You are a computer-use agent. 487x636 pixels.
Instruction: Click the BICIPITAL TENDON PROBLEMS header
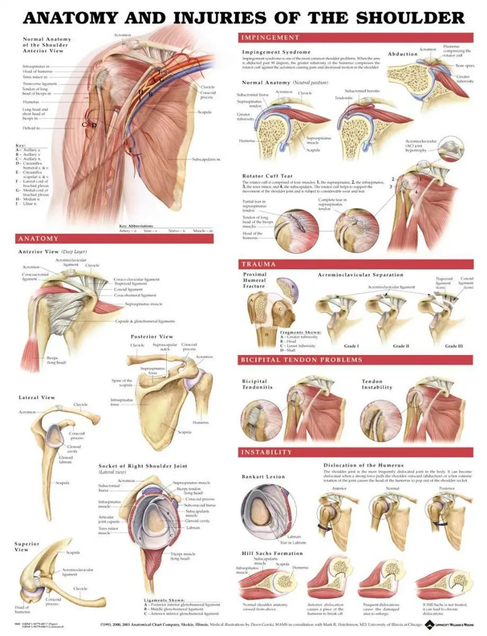tap(302, 360)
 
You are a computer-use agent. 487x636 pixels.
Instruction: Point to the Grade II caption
tap(401, 346)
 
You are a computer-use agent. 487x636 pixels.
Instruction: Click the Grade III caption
tap(454, 346)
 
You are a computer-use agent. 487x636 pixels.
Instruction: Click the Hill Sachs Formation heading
tap(272, 553)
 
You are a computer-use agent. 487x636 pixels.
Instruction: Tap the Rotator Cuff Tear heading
tap(267, 176)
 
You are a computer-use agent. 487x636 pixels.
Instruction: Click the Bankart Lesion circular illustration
tap(268, 509)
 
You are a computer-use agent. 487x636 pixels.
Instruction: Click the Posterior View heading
tap(152, 337)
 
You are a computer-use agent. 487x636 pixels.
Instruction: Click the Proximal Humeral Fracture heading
tap(255, 280)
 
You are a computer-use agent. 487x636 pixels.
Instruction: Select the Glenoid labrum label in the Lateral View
tap(66, 460)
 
